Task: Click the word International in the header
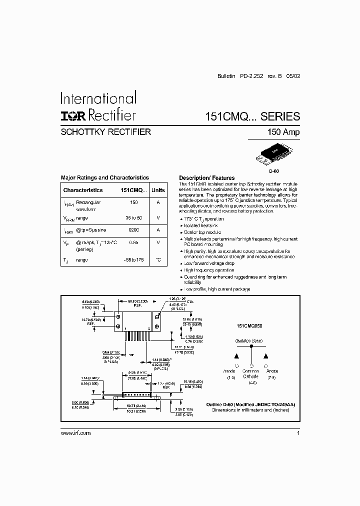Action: pyautogui.click(x=98, y=97)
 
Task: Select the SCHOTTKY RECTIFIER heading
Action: pyautogui.click(x=105, y=132)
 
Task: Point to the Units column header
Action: pyautogui.click(x=158, y=190)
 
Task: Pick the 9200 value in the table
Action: pyautogui.click(x=133, y=229)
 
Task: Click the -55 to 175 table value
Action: pyautogui.click(x=133, y=260)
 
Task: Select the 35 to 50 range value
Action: pyautogui.click(x=133, y=218)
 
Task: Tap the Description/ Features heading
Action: pyautogui.click(x=206, y=178)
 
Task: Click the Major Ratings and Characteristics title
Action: pyautogui.click(x=104, y=177)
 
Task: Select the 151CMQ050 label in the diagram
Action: pyautogui.click(x=249, y=325)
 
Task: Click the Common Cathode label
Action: pyautogui.click(x=250, y=374)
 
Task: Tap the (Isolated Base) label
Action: pyautogui.click(x=250, y=340)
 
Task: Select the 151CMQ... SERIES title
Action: pyautogui.click(x=252, y=116)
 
